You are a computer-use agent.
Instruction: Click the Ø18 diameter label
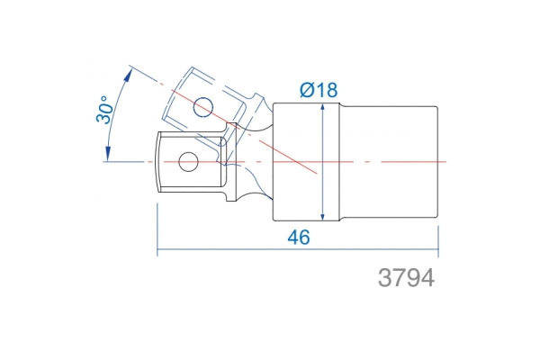319,90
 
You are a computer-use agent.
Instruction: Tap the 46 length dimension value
299,238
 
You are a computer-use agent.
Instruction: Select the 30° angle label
104,110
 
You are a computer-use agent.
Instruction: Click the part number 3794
407,278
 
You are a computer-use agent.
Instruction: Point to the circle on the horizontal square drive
188,162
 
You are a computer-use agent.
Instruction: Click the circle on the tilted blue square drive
202,107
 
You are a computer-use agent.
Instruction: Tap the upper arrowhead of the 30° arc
128,75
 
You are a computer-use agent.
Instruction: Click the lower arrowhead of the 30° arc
108,154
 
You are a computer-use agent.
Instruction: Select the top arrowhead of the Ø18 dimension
322,110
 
